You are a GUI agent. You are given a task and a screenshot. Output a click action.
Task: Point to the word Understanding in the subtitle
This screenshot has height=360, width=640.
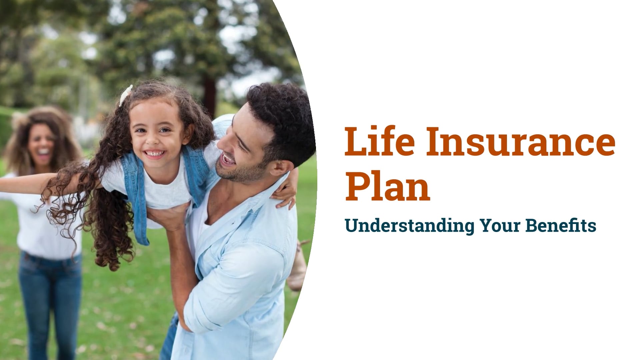coord(410,226)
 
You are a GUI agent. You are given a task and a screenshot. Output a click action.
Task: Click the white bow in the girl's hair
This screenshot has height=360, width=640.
coord(126,95)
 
